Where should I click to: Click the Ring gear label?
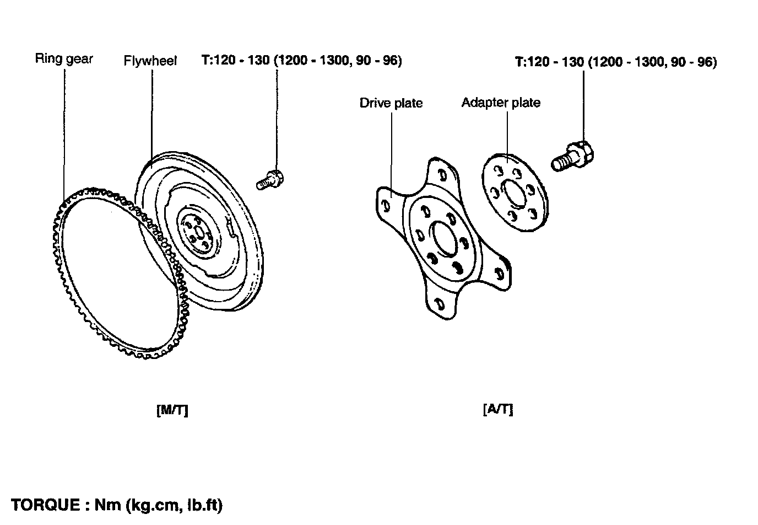click(x=64, y=59)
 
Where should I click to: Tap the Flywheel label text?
click(x=150, y=61)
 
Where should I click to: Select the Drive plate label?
click(x=391, y=103)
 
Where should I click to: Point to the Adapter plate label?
click(x=501, y=103)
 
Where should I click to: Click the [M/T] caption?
click(x=172, y=410)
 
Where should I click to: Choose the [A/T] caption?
click(x=498, y=409)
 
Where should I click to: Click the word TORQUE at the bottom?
click(x=45, y=505)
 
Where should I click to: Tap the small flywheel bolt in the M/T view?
click(x=270, y=180)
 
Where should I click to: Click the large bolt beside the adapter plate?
click(x=572, y=157)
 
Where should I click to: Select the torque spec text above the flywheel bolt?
click(x=301, y=61)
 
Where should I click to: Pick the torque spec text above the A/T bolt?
click(x=616, y=62)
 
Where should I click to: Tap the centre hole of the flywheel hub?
click(x=198, y=233)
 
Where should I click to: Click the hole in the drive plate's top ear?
click(x=442, y=175)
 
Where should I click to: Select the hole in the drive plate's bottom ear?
click(x=439, y=303)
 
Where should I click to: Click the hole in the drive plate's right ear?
click(x=500, y=273)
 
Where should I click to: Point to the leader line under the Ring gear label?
click(x=64, y=136)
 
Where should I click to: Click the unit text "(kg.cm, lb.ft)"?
click(x=174, y=505)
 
